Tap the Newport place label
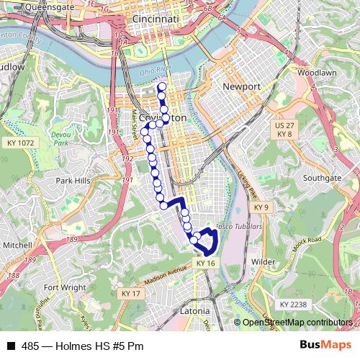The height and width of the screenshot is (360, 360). click(x=240, y=86)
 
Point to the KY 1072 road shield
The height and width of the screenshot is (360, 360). click(x=21, y=143)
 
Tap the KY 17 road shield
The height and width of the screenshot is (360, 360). click(x=131, y=294)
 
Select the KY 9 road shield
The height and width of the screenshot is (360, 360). click(x=261, y=207)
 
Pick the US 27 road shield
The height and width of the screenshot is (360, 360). click(x=282, y=125)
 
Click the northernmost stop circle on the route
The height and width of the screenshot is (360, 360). click(x=161, y=87)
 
